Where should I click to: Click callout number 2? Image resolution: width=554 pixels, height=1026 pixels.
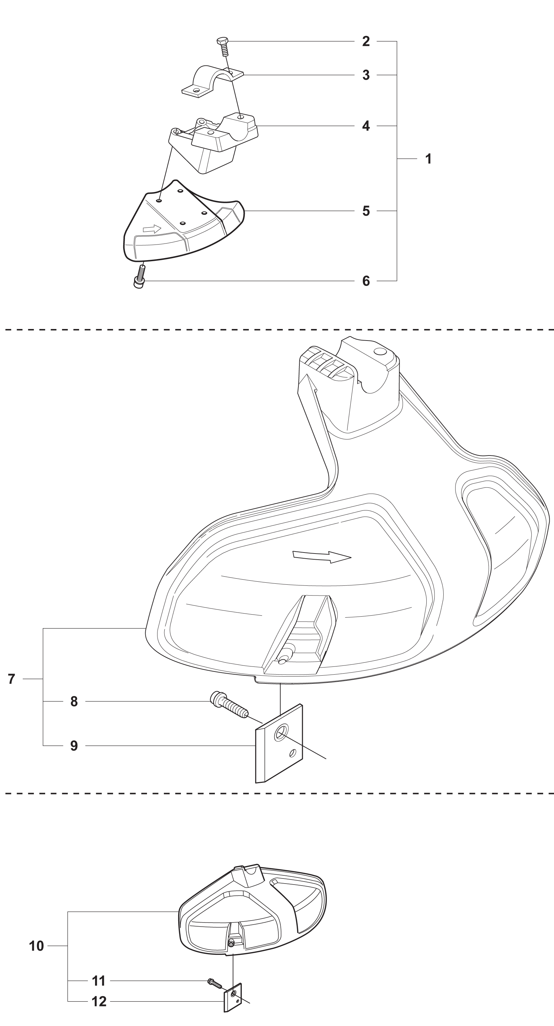coord(366,41)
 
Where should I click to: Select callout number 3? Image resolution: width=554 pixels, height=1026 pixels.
coord(366,75)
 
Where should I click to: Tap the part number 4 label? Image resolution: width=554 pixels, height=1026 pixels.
coord(366,126)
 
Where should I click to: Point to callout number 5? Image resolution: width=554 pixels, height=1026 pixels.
coord(366,211)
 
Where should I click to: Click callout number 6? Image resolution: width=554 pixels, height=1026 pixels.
coord(366,281)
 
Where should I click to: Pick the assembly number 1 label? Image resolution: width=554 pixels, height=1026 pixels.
coord(428,159)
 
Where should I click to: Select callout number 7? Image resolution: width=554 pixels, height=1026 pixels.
coord(12,679)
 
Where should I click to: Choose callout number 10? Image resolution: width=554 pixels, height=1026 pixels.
coord(36,946)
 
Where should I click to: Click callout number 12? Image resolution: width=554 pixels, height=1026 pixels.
coord(99,1001)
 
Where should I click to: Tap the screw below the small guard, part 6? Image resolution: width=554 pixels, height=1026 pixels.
coord(140,276)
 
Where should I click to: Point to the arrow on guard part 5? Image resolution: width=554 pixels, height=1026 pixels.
coord(152,229)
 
